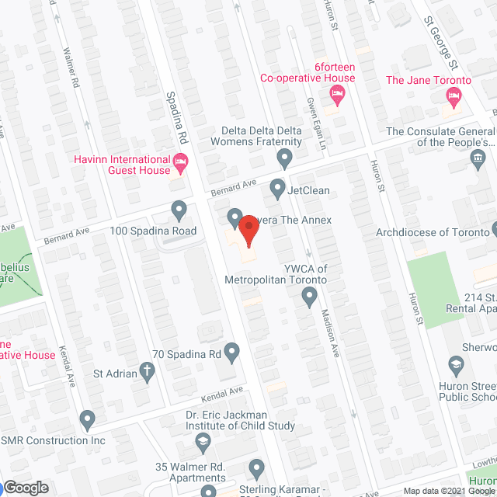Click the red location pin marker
(248, 230)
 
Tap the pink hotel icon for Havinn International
(181, 163)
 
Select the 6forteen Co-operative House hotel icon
(337, 96)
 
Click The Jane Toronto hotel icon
(454, 97)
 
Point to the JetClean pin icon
(277, 187)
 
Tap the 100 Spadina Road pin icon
(179, 210)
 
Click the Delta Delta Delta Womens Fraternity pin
(285, 158)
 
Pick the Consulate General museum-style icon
(476, 161)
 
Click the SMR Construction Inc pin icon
(87, 422)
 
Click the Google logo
(26, 487)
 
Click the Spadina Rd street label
(178, 116)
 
